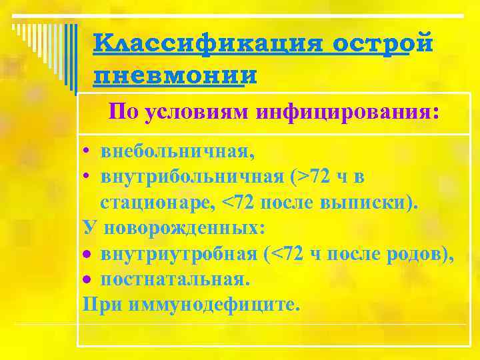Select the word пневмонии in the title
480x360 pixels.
[175, 75]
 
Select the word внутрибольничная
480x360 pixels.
[193, 177]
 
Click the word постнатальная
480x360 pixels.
[174, 279]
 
